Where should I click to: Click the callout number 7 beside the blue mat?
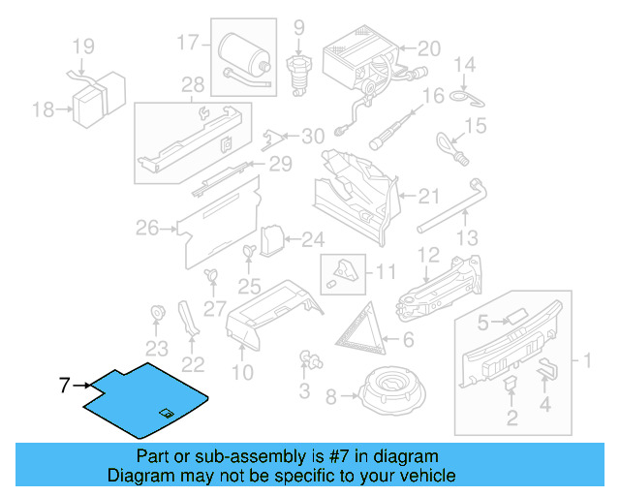point(64,386)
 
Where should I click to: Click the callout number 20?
point(427,46)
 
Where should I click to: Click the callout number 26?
point(147,230)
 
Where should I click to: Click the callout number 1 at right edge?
point(585,361)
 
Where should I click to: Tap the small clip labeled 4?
point(548,369)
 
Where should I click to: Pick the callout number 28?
point(193,84)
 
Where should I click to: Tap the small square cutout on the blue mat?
point(166,414)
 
